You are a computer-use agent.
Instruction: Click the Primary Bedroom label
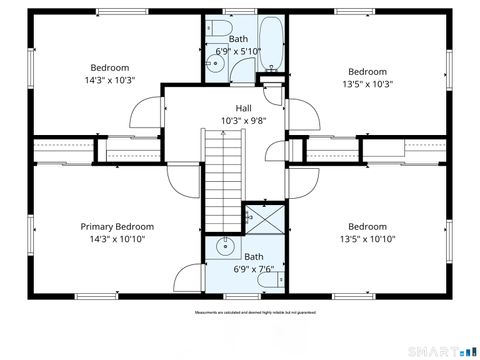coord(117,227)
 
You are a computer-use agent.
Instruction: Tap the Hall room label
coord(244,108)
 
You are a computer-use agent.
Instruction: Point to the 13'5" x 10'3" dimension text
coord(367,84)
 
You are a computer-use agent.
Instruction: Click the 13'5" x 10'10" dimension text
coord(367,239)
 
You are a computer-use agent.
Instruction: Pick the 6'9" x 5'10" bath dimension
coord(238,50)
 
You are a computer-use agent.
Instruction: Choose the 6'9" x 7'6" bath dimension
coord(253,269)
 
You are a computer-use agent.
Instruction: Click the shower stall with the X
coord(254,215)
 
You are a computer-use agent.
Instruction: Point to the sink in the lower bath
coord(225,246)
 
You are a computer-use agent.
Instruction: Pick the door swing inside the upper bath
coord(243,68)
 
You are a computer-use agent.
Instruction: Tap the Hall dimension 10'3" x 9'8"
coord(244,121)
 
